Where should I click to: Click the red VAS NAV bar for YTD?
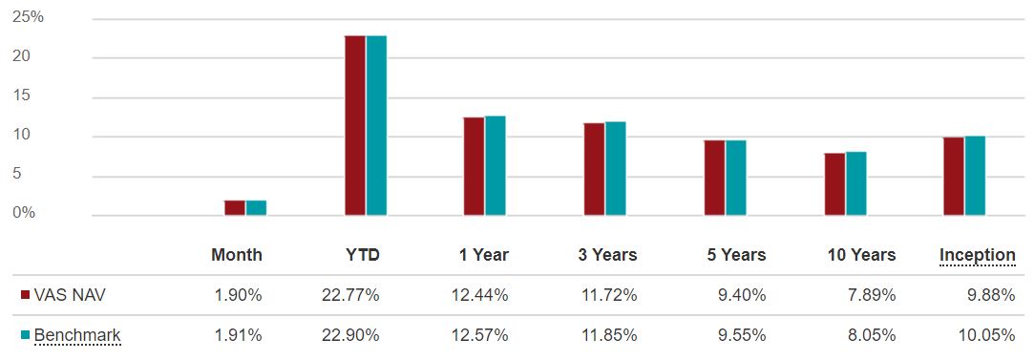tap(355, 125)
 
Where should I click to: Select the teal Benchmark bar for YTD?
tap(376, 125)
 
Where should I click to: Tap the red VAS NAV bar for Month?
tap(235, 208)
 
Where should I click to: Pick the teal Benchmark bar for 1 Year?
tap(496, 166)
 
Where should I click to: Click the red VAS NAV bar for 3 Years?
tap(594, 169)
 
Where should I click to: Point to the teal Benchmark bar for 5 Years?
tap(735, 178)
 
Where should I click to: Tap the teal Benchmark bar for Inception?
tap(975, 176)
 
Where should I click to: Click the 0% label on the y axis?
tap(24, 213)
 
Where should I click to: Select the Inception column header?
tap(977, 255)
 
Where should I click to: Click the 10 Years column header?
tap(861, 255)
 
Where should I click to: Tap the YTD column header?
tap(362, 255)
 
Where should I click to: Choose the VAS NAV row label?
tap(69, 295)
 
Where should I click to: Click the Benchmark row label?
tap(76, 335)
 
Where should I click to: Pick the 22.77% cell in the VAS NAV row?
tap(350, 295)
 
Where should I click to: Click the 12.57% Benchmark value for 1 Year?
tap(479, 335)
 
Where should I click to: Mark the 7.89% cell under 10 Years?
tap(873, 295)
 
